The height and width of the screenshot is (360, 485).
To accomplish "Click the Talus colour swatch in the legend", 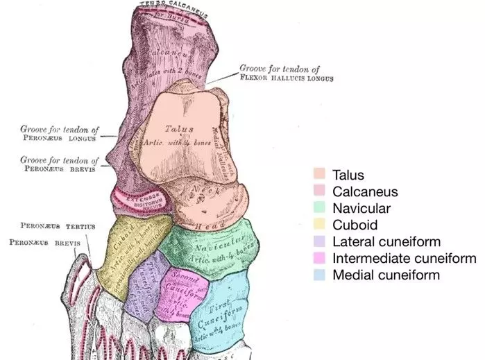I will (320, 175).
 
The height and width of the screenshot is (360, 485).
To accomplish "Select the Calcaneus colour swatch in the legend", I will (320, 192).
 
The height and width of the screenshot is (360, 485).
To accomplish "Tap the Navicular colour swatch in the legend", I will (320, 209).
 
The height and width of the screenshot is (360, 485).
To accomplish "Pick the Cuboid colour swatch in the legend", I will (320, 225).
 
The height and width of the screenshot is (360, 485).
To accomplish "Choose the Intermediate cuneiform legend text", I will (405, 259).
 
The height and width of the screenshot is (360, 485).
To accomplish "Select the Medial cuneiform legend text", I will (386, 275).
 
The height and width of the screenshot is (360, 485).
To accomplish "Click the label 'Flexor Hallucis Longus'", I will (286, 78).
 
